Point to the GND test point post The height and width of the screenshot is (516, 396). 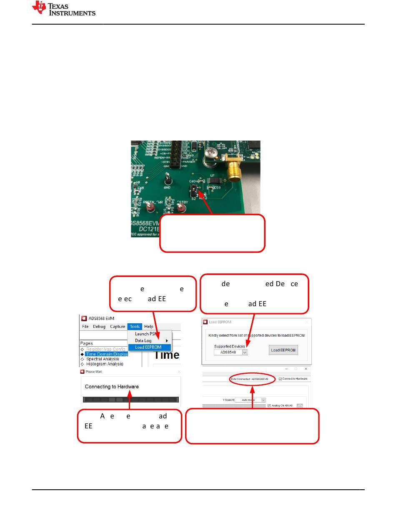click(x=168, y=178)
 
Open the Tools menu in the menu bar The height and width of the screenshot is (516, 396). click(x=135, y=327)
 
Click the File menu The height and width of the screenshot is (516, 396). click(x=85, y=327)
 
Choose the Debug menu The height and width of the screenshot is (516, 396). click(x=99, y=327)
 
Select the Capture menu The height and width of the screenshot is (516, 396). click(x=118, y=327)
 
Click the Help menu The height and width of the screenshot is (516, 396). click(x=149, y=327)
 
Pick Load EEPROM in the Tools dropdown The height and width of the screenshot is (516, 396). click(x=148, y=347)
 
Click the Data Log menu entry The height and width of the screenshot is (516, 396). click(x=143, y=341)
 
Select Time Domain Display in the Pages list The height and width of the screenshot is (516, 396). click(x=106, y=354)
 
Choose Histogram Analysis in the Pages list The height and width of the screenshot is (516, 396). click(x=105, y=364)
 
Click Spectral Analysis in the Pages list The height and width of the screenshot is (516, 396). click(x=103, y=359)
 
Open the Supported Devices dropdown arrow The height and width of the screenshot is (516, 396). click(x=245, y=352)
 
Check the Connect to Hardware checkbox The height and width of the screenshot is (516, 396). click(x=280, y=379)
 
